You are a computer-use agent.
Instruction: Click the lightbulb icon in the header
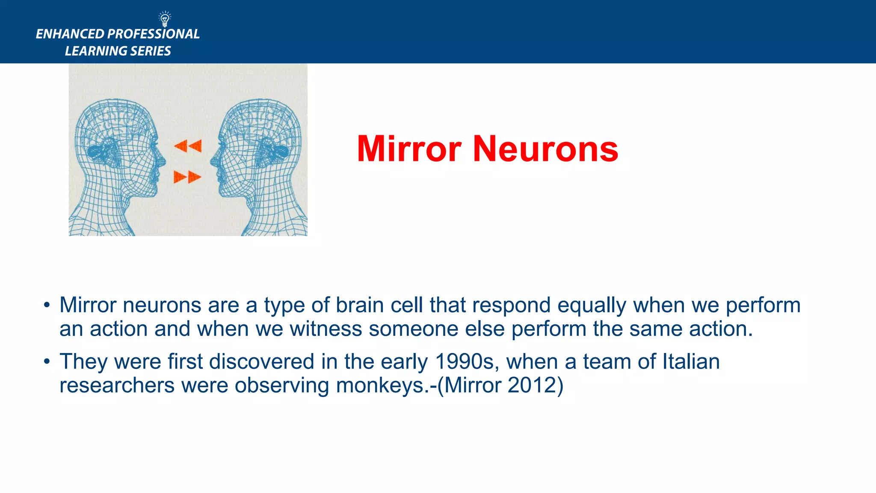click(x=165, y=19)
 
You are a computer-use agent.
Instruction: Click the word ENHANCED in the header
click(x=70, y=34)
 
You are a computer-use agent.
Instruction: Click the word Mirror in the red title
click(x=409, y=149)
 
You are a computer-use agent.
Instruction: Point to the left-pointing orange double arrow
click(x=188, y=146)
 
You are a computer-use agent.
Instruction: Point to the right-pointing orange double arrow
click(x=187, y=177)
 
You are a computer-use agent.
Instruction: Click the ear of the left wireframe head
click(x=95, y=151)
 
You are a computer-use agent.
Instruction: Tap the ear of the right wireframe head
click(x=280, y=151)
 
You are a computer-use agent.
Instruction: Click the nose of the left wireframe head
click(x=163, y=161)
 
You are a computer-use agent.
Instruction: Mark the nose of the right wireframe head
click(x=213, y=161)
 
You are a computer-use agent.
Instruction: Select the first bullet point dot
click(x=47, y=306)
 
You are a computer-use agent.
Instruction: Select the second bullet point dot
click(x=47, y=362)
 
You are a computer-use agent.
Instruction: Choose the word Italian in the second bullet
click(x=691, y=362)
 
